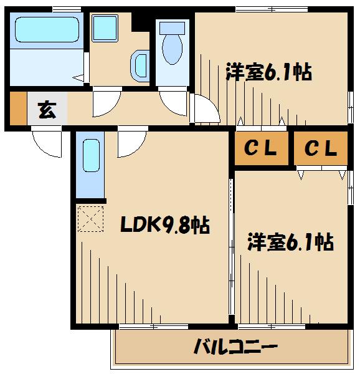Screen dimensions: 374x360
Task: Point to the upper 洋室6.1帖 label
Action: click(x=268, y=72)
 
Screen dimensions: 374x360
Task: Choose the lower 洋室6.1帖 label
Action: click(x=290, y=241)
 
